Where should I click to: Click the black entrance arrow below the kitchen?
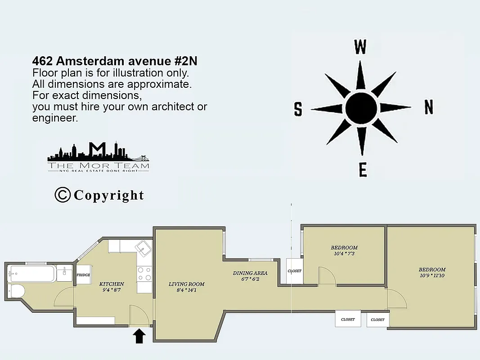[x=139, y=336]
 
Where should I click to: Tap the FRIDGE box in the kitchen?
[x=83, y=275]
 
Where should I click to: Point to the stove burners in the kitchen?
[x=144, y=274]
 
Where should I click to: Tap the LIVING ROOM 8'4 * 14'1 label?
[x=186, y=287]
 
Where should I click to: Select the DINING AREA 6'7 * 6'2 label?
[x=250, y=276]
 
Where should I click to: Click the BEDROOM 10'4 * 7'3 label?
[x=344, y=251]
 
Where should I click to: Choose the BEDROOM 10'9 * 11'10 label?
[x=432, y=273]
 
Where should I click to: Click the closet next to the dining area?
[x=295, y=271]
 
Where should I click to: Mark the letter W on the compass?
[x=360, y=47]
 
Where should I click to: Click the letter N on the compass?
[x=428, y=108]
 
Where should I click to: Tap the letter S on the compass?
[x=298, y=109]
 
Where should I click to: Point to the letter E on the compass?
[x=363, y=170]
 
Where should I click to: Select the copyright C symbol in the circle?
[x=63, y=195]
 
